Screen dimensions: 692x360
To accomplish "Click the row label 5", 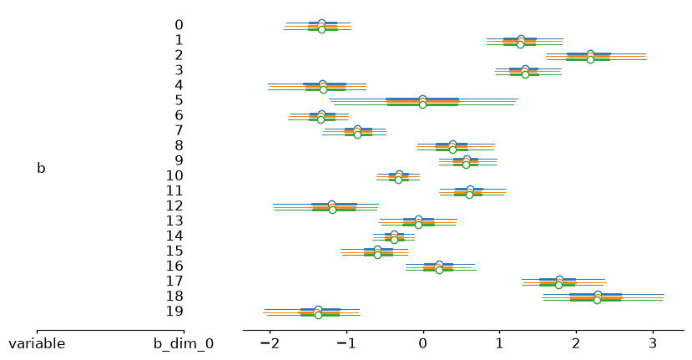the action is point(179,100).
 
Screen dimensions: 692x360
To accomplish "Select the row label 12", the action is point(174,205).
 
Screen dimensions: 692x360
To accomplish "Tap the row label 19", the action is point(174,311).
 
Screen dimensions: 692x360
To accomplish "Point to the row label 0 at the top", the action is point(179,25).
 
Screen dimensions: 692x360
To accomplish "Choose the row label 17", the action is point(174,281).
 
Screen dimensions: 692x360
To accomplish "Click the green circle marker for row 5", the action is point(422,104).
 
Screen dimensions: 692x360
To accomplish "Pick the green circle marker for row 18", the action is point(597,301).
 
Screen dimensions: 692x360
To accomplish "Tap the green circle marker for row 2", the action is point(590,59).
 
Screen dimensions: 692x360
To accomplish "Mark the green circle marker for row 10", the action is point(398,180).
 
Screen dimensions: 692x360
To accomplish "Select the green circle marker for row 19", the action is point(318,316).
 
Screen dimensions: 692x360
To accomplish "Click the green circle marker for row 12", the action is point(332,210).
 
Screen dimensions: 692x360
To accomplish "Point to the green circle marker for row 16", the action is point(439,270).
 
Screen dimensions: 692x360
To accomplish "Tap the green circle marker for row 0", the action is point(321,29).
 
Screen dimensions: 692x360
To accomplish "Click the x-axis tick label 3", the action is point(653,343).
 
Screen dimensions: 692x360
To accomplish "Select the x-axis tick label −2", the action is point(270,343).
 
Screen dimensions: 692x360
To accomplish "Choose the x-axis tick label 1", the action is point(499,343).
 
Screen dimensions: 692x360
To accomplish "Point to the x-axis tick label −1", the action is point(346,343).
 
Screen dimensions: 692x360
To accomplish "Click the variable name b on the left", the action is point(41,168).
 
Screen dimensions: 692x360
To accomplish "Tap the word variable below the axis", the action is point(37,343).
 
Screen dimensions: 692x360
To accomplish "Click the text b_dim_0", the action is point(184,344).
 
